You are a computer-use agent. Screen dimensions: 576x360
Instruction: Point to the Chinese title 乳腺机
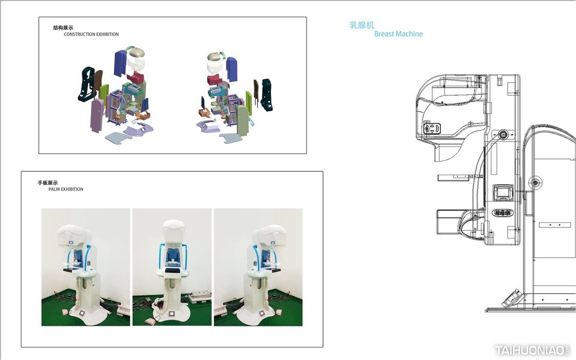click(362, 25)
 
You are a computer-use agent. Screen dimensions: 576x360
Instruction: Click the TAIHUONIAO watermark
click(532, 350)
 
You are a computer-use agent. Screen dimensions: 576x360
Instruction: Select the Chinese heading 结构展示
click(63, 27)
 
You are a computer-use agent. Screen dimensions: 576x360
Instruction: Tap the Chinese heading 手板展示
click(48, 183)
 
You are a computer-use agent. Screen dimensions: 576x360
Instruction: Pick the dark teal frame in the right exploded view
click(267, 94)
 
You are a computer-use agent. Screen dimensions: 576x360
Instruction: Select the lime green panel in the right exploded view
click(248, 102)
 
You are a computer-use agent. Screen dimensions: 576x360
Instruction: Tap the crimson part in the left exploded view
click(136, 78)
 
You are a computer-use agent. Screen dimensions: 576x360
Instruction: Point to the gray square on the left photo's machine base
click(82, 313)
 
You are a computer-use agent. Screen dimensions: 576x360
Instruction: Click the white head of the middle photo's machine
click(173, 232)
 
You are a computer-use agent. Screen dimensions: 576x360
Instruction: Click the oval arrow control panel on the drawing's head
click(432, 128)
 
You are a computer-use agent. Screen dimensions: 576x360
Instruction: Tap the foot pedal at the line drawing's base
click(512, 298)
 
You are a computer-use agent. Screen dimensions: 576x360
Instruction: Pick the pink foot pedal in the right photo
click(221, 311)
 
